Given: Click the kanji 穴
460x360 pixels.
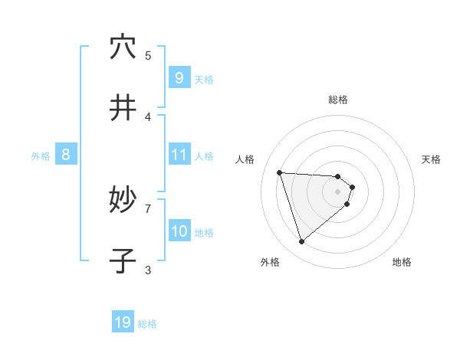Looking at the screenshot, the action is pos(123,47).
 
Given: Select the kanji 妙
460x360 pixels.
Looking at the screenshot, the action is pos(123,201).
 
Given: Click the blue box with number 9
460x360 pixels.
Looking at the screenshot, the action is pos(179,78).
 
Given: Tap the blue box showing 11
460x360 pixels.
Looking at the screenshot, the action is pos(179,155).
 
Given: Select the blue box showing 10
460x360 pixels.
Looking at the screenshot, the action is pos(179,231).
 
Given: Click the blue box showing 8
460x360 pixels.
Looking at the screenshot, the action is pos(66,155).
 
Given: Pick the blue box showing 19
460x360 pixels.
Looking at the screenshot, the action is pos(123,322).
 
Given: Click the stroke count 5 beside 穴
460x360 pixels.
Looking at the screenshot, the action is pos(148,55).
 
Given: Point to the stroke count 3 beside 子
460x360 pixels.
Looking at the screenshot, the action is pos(148,270).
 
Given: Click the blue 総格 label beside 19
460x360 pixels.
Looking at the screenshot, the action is pos(147,324).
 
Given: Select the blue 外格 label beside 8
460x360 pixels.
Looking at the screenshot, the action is pos(41,156).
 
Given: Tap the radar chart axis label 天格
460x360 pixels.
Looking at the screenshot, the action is pos(431,159).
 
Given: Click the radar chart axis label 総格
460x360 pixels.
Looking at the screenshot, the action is pos(337,100).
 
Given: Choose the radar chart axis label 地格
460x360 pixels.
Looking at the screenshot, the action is pos(402,262).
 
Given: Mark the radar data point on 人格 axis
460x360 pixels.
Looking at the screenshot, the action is pos(280,172).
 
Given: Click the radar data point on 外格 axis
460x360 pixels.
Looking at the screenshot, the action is pos(301,242).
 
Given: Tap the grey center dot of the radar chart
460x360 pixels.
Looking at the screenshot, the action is pos(337,191).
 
